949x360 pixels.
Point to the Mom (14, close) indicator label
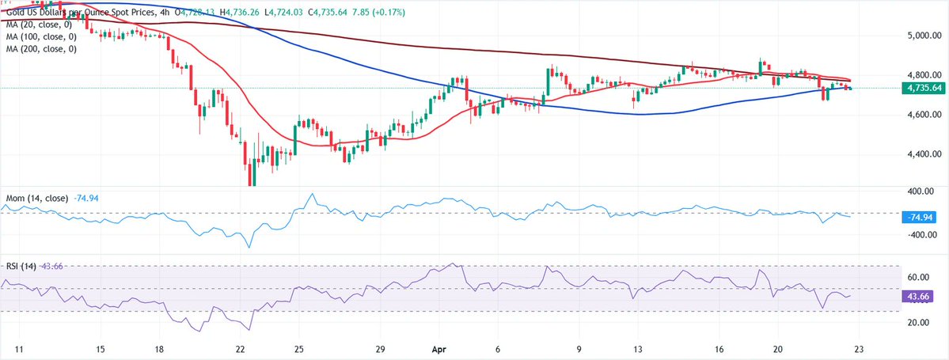pos(36,197)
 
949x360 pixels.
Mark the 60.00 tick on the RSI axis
pos(918,278)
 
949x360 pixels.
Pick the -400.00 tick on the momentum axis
pos(920,234)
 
